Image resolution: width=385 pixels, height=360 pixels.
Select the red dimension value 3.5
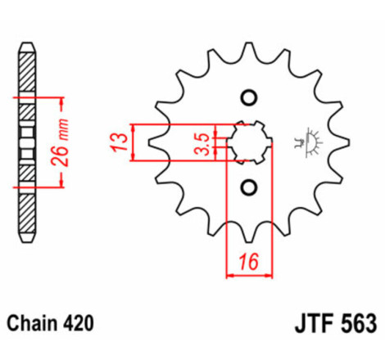pyautogui.click(x=200, y=141)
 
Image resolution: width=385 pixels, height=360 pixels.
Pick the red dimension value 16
pyautogui.click(x=250, y=263)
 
